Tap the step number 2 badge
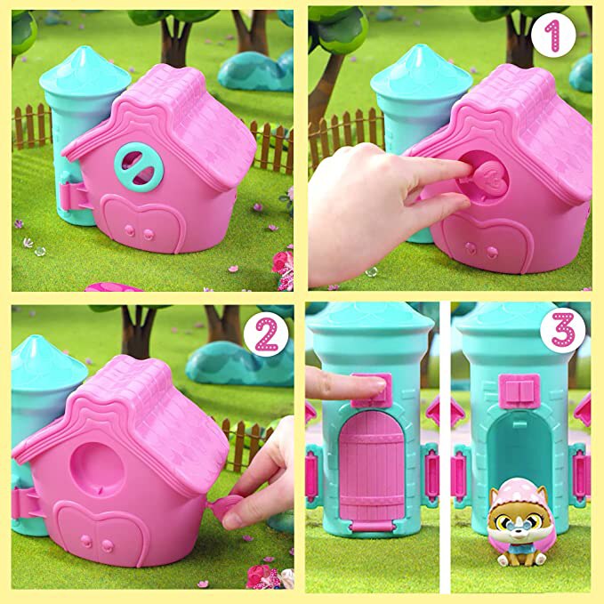266,335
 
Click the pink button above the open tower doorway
517,392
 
